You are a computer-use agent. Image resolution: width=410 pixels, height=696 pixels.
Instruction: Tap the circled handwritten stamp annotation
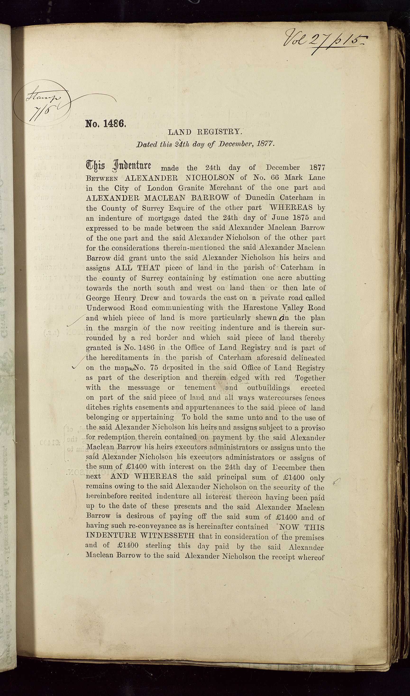(x=41, y=103)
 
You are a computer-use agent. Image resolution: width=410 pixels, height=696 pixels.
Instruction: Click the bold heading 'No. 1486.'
(x=106, y=123)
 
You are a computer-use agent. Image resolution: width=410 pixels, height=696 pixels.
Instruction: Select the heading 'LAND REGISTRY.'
(x=205, y=132)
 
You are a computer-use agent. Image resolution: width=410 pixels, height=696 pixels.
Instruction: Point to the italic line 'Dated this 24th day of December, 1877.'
(x=205, y=144)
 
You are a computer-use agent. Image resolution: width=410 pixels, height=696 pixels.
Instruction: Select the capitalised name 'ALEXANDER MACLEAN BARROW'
(x=158, y=198)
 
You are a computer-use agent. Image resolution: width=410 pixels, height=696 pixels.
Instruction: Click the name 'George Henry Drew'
(x=122, y=298)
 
